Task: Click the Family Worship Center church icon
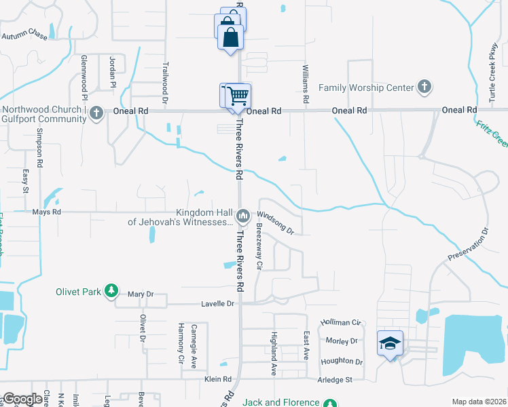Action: tap(424, 87)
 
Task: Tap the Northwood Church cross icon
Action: tap(96, 113)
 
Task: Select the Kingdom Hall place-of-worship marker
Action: tap(242, 216)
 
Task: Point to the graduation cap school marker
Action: tap(390, 343)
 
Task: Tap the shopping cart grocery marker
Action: tap(237, 95)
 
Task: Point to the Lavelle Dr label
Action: tap(217, 304)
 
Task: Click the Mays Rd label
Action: tap(47, 212)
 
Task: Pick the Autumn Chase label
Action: tap(24, 34)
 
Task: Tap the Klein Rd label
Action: tap(218, 379)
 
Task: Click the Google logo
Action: tap(23, 399)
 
